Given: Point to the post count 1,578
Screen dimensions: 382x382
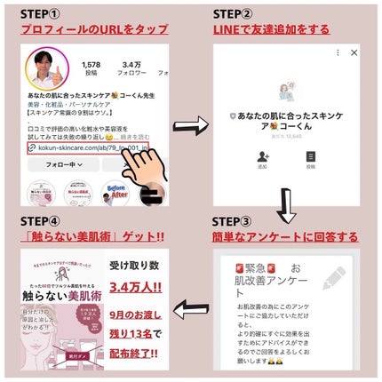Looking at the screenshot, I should click(x=91, y=64).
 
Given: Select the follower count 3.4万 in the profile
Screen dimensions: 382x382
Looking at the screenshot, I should click(x=133, y=64).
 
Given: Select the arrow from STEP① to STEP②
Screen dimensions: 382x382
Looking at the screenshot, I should click(x=185, y=123).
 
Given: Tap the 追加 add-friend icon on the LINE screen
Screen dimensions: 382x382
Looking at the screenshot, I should click(x=262, y=160).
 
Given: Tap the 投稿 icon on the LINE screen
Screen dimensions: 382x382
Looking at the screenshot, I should click(x=310, y=160).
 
